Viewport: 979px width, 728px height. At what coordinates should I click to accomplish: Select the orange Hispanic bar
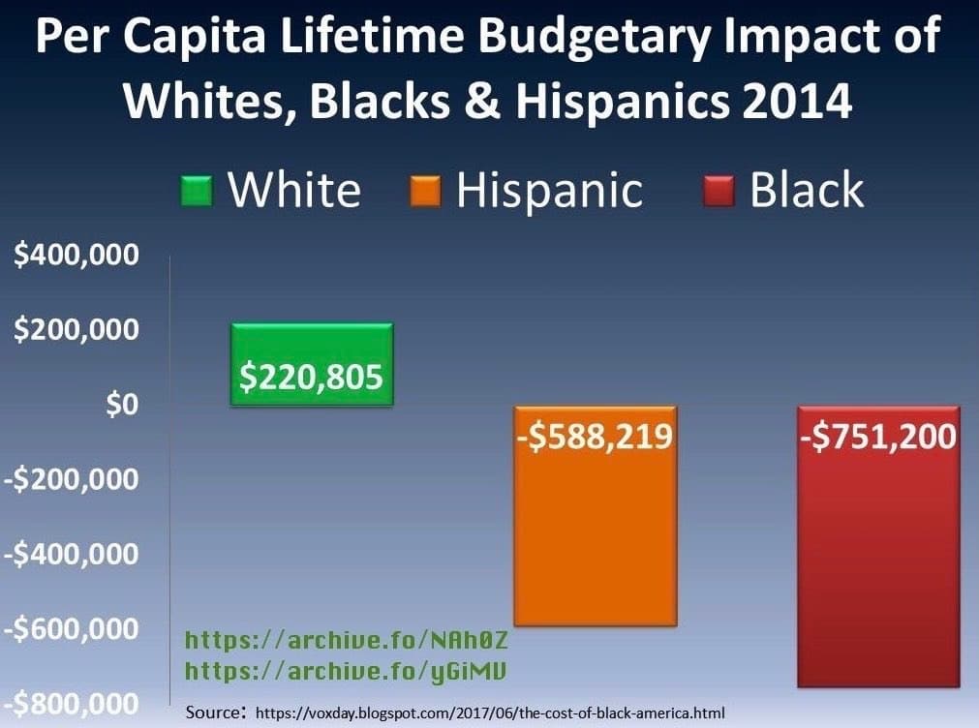[x=596, y=542]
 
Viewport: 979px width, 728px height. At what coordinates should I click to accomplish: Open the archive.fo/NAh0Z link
[x=346, y=641]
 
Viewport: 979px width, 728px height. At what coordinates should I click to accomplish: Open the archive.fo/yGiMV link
[x=346, y=670]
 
